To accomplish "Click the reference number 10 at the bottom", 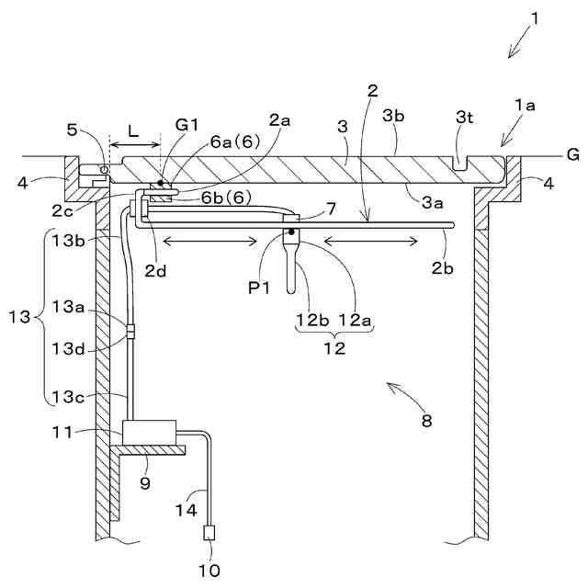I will coord(211,570).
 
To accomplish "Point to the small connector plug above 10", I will coord(210,532).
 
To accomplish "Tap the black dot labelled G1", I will coord(161,182).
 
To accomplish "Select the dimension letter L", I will coord(133,131).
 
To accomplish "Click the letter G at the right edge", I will coord(572,154).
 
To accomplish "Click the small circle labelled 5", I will coord(104,169).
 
